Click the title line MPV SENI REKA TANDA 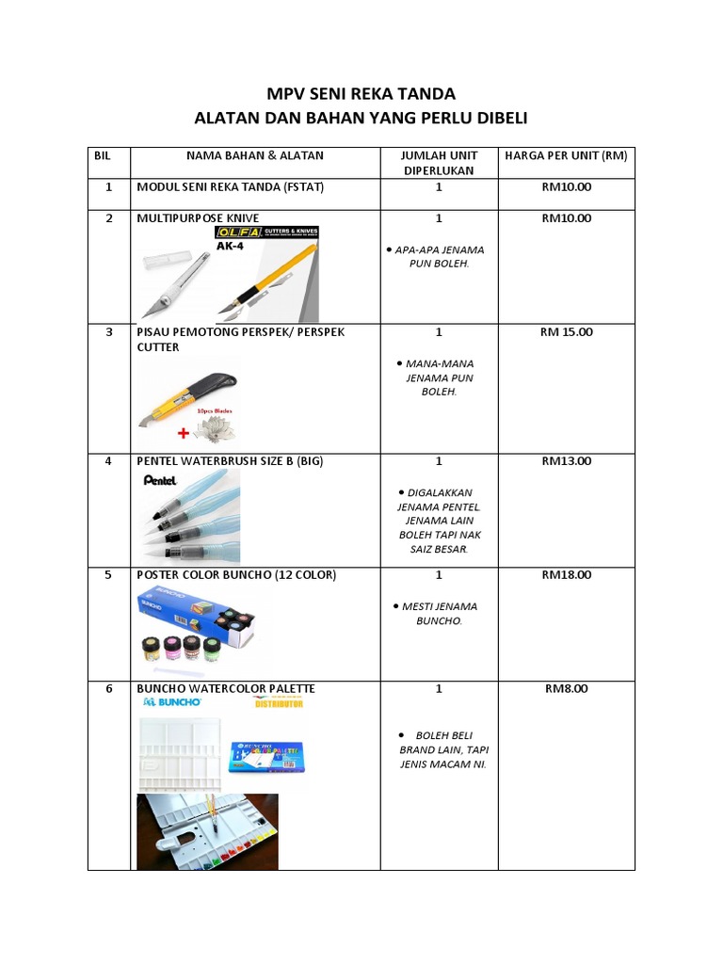(362, 93)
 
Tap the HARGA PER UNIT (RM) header (566, 154)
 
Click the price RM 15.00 (566, 331)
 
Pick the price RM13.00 (566, 460)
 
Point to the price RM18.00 (566, 574)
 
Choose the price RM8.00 (566, 688)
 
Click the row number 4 (108, 460)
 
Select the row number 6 (108, 688)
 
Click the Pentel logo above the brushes (160, 479)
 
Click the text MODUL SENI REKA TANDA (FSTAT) (231, 186)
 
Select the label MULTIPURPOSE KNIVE (198, 217)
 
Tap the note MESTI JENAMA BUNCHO (439, 614)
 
